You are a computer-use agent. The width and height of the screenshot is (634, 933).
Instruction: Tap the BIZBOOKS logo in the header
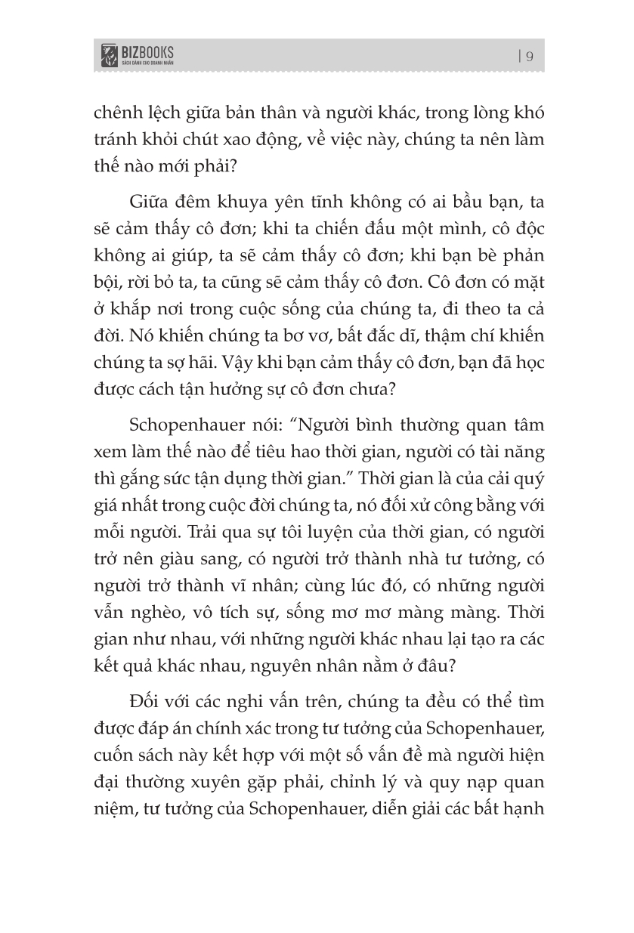coord(138,55)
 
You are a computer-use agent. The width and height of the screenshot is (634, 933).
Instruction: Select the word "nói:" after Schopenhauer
coord(268,426)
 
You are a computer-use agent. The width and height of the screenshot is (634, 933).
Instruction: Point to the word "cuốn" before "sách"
coord(113,753)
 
